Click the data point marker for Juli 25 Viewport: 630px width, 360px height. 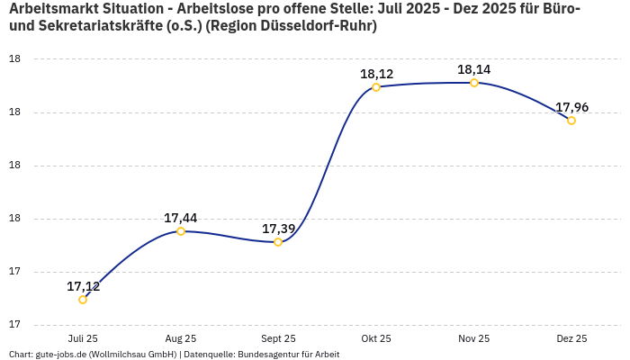pos(83,300)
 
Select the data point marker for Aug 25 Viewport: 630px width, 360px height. pos(181,231)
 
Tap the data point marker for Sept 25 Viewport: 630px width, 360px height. pos(278,242)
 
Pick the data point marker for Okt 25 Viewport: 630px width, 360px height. pos(376,87)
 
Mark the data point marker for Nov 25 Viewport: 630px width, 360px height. pos(474,83)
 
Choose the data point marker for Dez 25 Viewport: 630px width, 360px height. pos(571,121)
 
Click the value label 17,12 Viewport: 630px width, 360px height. pos(83,286)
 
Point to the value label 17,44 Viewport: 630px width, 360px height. pos(181,218)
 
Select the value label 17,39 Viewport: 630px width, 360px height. pos(278,229)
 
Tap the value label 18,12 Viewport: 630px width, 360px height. pos(376,74)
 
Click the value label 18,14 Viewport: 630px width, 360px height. pos(474,69)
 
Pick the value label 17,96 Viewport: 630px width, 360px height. pos(571,107)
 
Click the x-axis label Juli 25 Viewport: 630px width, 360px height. pos(83,338)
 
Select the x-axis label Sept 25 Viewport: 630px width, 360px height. pos(278,338)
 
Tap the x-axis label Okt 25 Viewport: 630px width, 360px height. pos(376,338)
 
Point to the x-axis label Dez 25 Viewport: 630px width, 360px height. pos(571,338)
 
